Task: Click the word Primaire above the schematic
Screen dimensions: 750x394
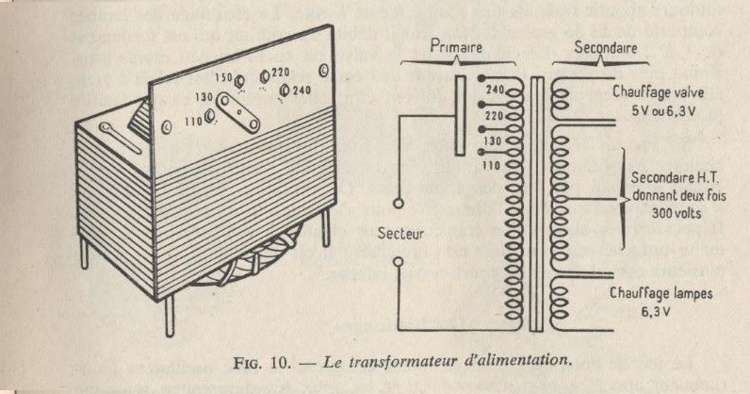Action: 456,46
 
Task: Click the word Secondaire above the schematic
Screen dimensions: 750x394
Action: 606,48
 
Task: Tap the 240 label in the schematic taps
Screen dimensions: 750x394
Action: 496,90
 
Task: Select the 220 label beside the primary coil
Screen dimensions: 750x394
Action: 494,116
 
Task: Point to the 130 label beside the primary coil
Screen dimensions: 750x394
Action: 492,141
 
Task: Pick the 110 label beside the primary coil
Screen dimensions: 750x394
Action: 491,166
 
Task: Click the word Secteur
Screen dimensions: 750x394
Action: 400,234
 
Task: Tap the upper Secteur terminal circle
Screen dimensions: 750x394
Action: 398,204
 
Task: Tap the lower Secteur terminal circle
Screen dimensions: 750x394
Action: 398,262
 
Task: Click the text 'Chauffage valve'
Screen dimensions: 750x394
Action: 659,92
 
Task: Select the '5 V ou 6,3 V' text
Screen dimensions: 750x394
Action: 663,111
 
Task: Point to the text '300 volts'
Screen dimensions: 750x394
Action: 677,213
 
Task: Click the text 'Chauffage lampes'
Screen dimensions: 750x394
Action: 661,293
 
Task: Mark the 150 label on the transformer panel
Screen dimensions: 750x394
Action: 223,77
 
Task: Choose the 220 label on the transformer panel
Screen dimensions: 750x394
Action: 281,73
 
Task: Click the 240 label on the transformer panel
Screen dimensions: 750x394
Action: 302,90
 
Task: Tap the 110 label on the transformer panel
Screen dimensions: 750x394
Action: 194,123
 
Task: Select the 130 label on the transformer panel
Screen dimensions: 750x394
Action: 204,97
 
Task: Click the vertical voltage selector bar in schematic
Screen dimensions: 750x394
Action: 460,115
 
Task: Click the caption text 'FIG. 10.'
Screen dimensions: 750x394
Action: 262,362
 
